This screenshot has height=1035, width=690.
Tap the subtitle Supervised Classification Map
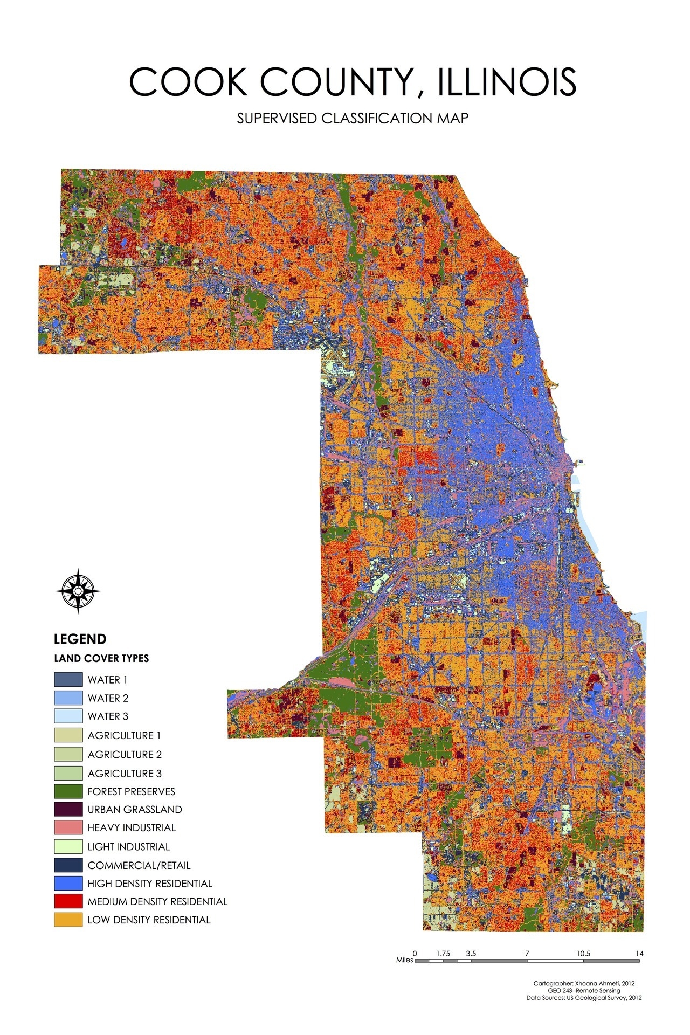(x=353, y=119)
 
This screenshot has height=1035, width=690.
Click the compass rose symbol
(x=78, y=591)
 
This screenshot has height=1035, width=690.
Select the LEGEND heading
(x=80, y=639)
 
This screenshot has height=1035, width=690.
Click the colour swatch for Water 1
(x=68, y=679)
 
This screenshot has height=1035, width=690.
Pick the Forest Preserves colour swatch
(x=68, y=791)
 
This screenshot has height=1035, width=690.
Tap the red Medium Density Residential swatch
(x=68, y=901)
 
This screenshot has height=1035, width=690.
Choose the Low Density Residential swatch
(x=68, y=920)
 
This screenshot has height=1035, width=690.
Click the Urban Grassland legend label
(x=135, y=810)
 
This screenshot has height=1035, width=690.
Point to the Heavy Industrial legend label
(x=132, y=827)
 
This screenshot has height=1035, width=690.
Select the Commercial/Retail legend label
(x=139, y=865)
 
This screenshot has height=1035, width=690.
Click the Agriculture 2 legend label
(x=125, y=754)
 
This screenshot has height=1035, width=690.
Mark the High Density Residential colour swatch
(x=68, y=883)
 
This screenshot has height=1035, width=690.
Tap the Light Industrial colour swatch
(x=68, y=846)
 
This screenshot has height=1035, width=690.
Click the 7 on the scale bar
(x=527, y=954)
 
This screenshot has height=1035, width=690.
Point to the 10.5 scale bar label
(x=583, y=954)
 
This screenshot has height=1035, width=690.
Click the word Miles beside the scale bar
(x=404, y=960)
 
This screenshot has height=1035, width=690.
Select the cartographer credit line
(x=584, y=983)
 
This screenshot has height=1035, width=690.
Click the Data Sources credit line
(x=584, y=998)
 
